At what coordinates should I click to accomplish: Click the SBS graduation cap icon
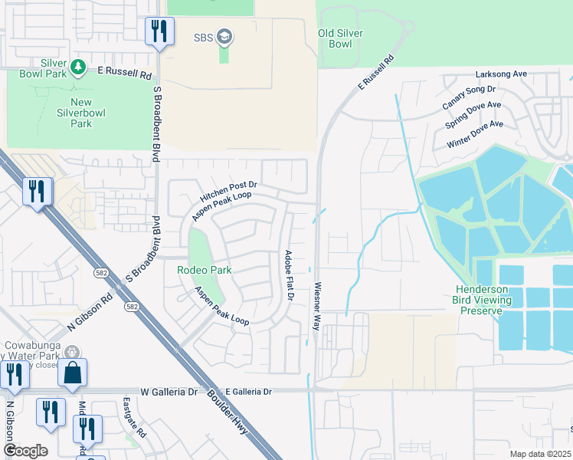(x=224, y=36)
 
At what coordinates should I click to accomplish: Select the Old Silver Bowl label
(x=340, y=38)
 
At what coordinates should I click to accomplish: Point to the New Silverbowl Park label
(x=80, y=113)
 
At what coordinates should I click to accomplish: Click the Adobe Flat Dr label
(x=290, y=274)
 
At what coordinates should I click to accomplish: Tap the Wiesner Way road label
(x=316, y=307)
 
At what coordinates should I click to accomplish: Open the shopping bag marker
(x=72, y=373)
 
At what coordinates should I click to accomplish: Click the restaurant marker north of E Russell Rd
(x=159, y=31)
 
